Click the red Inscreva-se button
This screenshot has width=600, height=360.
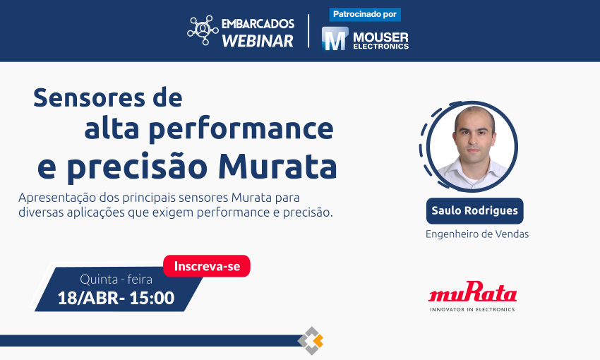point(207,266)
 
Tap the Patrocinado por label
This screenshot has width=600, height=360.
point(365,15)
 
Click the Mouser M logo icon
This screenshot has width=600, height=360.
point(335,39)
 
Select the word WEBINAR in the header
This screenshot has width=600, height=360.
point(258,41)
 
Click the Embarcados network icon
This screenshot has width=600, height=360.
point(203,30)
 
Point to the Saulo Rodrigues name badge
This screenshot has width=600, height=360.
point(474,211)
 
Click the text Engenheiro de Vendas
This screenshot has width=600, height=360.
point(477,234)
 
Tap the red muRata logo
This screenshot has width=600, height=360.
point(472,292)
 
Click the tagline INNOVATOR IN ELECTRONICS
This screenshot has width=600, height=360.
point(472,309)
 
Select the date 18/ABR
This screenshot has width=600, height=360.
point(88,298)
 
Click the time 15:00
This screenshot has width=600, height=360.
point(152,298)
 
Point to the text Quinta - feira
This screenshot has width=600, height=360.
point(116,280)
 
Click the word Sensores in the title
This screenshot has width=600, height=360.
point(89,97)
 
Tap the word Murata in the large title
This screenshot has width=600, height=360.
point(277,167)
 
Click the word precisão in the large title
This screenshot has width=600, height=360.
point(137,167)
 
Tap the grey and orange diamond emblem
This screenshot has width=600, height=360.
point(311,340)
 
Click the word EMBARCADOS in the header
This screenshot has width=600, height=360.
point(258,24)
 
